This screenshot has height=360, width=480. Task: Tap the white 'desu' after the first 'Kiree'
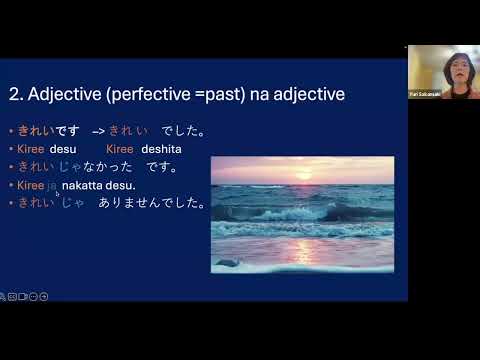point(63,149)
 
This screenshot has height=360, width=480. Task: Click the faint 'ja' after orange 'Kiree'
point(52,185)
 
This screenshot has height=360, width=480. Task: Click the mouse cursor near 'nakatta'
point(58,195)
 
